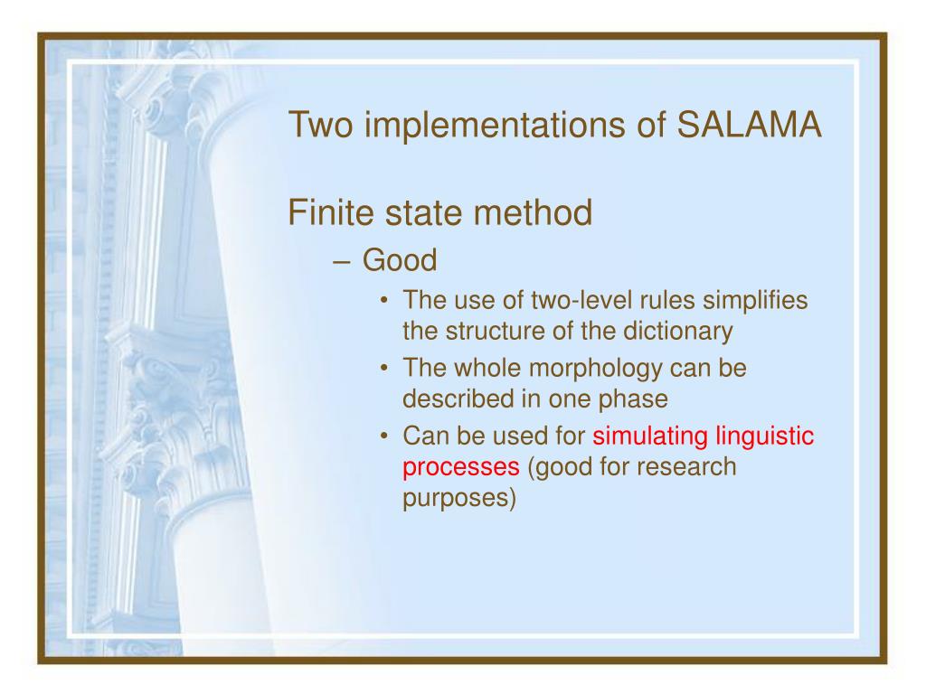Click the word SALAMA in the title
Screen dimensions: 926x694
coord(749,125)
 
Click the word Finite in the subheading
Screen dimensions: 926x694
coord(331,212)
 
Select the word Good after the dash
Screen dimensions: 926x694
coord(400,260)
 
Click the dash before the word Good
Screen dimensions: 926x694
coord(342,262)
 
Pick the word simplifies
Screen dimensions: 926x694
coord(755,301)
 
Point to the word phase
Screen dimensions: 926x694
coord(633,399)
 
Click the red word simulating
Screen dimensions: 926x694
coord(650,436)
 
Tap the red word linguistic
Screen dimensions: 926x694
coord(765,436)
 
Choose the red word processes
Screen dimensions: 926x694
coord(461,467)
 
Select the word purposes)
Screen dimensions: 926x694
coord(459,498)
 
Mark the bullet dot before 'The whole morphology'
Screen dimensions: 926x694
coord(384,369)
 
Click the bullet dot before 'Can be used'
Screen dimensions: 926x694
coord(384,436)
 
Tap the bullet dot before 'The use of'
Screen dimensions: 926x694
coord(384,301)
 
